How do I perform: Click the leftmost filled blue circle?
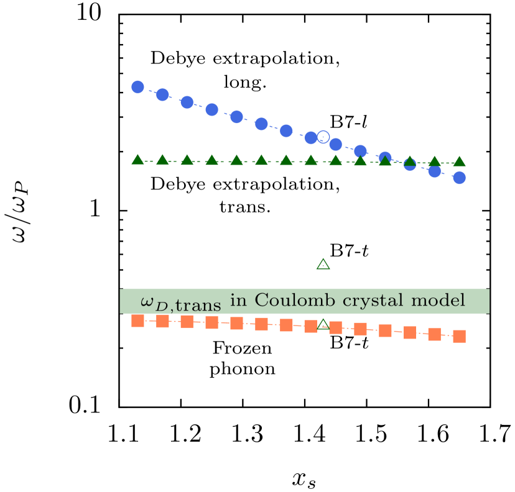pos(137,87)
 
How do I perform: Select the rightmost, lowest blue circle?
pos(459,178)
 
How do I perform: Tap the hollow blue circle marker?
pos(323,137)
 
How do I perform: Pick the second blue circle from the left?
pos(162,94)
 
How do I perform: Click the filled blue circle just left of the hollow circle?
pos(311,138)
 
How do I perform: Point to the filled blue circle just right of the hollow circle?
pos(335,144)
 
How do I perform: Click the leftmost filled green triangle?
pos(137,160)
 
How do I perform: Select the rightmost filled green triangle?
pos(459,162)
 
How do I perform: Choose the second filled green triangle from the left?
pos(162,160)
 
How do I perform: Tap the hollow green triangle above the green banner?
pos(323,265)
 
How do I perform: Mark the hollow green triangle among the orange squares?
pos(323,324)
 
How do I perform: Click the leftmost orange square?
pos(137,321)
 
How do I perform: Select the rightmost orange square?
pos(459,336)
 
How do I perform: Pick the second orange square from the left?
pos(162,321)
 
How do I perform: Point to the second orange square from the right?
pos(434,334)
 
